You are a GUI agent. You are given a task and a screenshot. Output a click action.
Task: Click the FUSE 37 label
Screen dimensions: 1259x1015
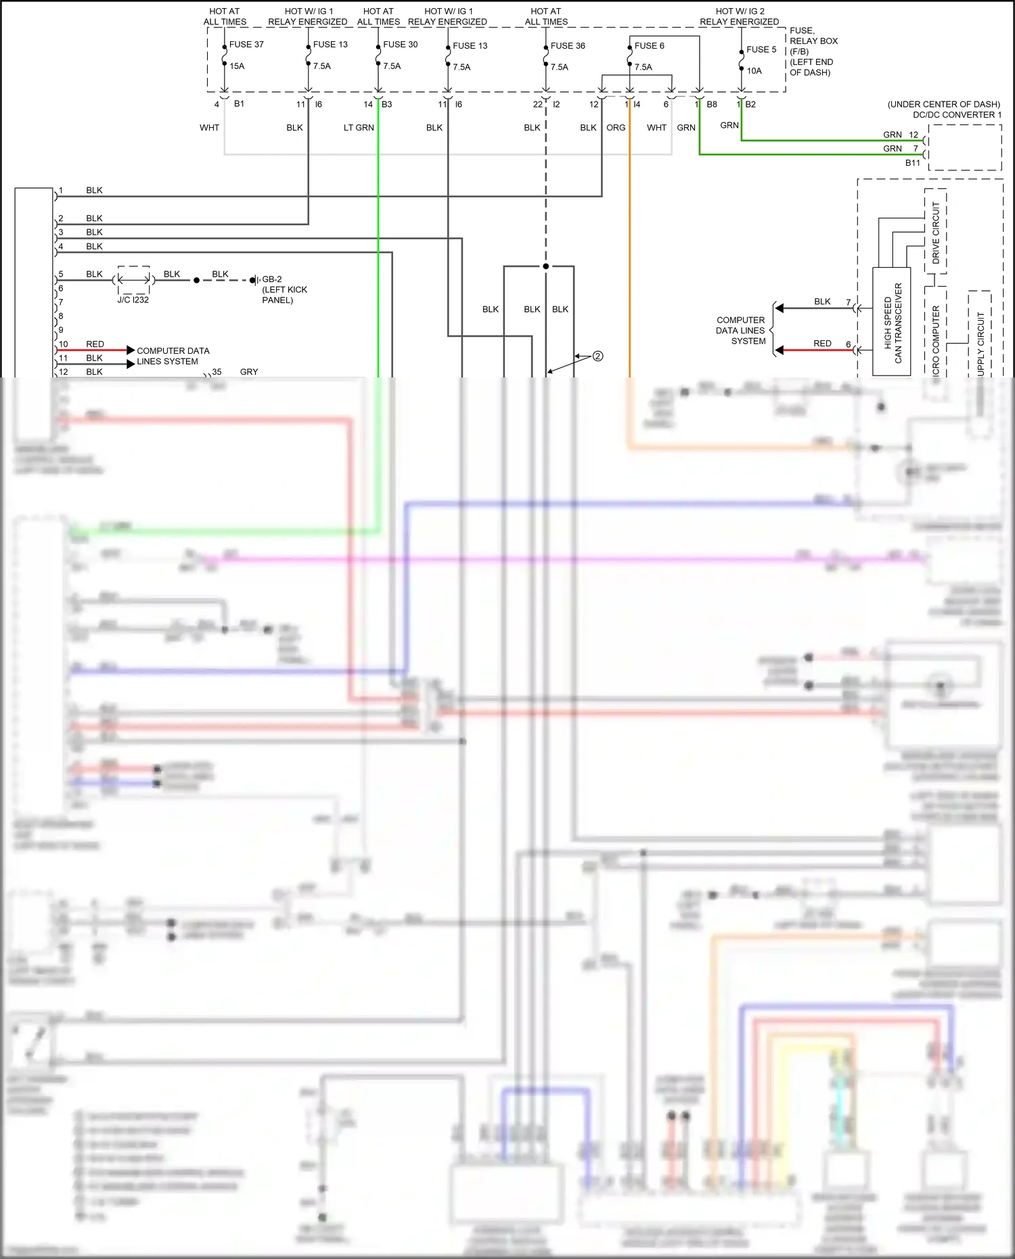coord(246,45)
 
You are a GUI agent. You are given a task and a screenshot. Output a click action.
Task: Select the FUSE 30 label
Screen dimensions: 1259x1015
coord(400,45)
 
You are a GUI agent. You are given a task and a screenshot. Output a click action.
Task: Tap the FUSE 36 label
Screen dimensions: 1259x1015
coord(568,46)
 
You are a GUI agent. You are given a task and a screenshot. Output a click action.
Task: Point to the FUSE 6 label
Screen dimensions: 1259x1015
coord(649,46)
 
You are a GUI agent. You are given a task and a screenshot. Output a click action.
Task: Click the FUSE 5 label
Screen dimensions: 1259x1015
coord(761,49)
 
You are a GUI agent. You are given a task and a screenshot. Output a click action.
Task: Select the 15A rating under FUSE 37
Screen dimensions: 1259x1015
coord(237,66)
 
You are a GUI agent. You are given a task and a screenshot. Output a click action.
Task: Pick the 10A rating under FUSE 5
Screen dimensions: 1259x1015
coord(754,71)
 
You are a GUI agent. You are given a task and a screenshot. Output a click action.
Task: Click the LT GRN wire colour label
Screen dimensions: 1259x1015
coord(359,128)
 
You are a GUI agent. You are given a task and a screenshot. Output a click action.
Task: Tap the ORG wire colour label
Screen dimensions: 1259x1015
coord(616,128)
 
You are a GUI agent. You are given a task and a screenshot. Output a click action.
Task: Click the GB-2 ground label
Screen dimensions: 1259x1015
coord(272,279)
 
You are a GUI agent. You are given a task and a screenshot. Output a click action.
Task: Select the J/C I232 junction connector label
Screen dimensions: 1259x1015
coord(133,300)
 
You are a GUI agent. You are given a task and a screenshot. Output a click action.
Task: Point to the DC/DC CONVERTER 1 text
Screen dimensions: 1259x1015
coord(957,115)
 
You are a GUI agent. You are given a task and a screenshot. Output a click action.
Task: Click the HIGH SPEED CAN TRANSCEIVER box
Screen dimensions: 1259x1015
coord(892,321)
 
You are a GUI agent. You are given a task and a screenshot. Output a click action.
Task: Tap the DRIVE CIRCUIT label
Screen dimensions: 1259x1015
coord(936,232)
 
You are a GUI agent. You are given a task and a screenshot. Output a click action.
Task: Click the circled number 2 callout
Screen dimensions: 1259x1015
coord(597,357)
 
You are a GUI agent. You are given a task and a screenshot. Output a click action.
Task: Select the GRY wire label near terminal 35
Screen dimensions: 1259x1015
coord(249,372)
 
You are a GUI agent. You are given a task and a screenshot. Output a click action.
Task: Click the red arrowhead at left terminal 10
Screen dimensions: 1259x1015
coord(131,350)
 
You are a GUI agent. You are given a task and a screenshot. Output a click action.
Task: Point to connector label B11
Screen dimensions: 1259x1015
coord(912,163)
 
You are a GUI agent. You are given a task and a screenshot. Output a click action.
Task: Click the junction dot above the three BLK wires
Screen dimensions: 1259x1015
coord(545,267)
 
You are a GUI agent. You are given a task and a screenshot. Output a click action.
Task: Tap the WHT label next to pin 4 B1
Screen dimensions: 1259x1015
coord(209,128)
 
